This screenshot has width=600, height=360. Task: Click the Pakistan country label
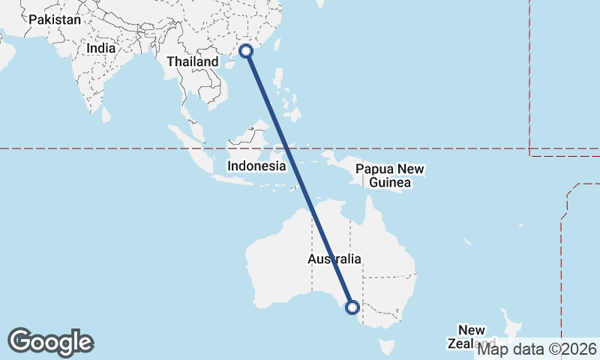click(54, 20)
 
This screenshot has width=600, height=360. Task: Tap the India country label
click(101, 48)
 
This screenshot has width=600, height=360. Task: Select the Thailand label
click(192, 61)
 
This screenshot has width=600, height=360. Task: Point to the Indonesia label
click(256, 166)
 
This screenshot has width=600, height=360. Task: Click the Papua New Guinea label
click(390, 175)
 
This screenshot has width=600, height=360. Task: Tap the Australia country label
click(334, 259)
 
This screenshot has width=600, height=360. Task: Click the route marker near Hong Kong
click(247, 52)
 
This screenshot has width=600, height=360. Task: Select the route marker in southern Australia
click(352, 307)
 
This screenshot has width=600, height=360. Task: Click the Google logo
click(51, 342)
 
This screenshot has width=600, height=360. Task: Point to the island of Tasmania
click(387, 347)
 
